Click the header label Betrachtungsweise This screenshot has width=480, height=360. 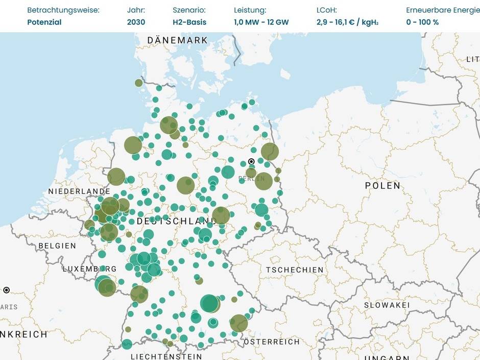tap(63, 10)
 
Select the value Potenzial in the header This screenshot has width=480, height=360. tap(44, 22)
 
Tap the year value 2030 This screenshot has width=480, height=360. tap(136, 22)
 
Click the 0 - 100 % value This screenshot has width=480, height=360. tap(422, 22)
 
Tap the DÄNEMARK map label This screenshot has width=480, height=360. tap(177, 40)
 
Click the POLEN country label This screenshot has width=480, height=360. tap(382, 185)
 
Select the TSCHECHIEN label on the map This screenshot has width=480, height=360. tap(295, 270)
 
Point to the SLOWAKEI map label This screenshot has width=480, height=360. tap(387, 305)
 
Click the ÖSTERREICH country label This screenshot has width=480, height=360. tap(272, 342)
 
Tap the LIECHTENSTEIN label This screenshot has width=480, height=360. tap(166, 356)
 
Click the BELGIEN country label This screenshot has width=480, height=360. tap(57, 246)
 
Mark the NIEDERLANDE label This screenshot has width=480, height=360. tap(79, 191)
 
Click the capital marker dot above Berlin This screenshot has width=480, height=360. tap(251, 161)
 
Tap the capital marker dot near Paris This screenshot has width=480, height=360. tap(6, 290)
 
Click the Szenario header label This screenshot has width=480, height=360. tap(189, 10)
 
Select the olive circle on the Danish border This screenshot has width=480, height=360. tap(139, 83)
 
